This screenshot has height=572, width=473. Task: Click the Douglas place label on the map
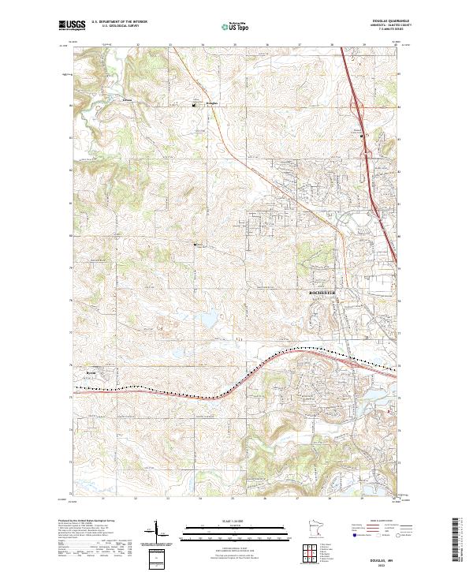point(210,103)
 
